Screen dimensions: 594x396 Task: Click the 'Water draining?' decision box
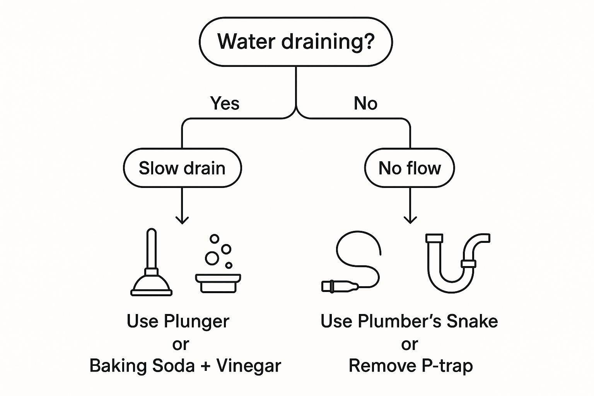(x=296, y=42)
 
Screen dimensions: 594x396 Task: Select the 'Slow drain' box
(x=183, y=168)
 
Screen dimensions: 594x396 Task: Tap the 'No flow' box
(x=410, y=168)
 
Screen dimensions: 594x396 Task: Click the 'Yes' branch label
(x=225, y=103)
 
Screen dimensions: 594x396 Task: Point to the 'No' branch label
(x=365, y=103)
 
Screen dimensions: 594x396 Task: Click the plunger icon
(x=152, y=262)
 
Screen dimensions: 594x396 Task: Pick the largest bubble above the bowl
(x=212, y=258)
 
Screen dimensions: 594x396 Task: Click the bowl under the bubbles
(x=218, y=283)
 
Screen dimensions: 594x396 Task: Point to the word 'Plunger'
(x=196, y=322)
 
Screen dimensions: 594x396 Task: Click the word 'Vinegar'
(x=249, y=366)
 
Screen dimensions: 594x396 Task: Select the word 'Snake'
(x=472, y=321)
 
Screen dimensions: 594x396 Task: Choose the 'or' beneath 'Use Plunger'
(x=181, y=345)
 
